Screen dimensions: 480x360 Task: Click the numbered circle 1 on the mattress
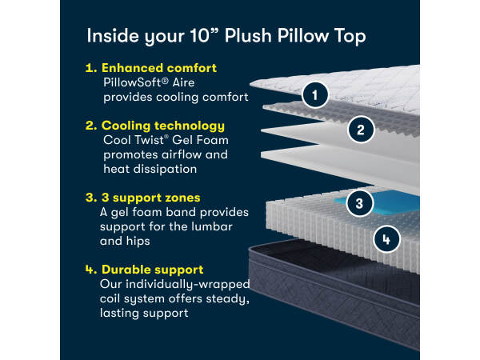point(315,95)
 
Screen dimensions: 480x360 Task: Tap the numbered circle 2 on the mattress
point(361,130)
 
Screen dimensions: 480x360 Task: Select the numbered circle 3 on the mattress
point(360,203)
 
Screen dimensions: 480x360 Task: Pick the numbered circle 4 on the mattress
point(386,239)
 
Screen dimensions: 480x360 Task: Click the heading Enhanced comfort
point(159,68)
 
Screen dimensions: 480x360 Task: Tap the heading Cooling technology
point(163,126)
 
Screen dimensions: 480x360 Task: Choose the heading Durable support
point(152,270)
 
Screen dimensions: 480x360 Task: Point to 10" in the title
point(205,35)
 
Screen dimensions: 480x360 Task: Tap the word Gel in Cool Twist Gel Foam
point(182,140)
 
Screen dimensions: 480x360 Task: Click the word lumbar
point(211,226)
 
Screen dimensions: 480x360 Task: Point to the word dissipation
point(165,170)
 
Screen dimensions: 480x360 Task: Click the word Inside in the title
point(113,35)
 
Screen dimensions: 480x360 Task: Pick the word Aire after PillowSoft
point(183,82)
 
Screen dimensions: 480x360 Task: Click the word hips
point(138,242)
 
